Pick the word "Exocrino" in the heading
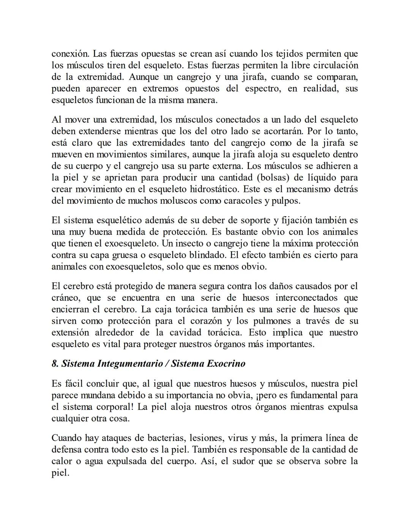click(x=226, y=363)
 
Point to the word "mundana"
click(x=95, y=395)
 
